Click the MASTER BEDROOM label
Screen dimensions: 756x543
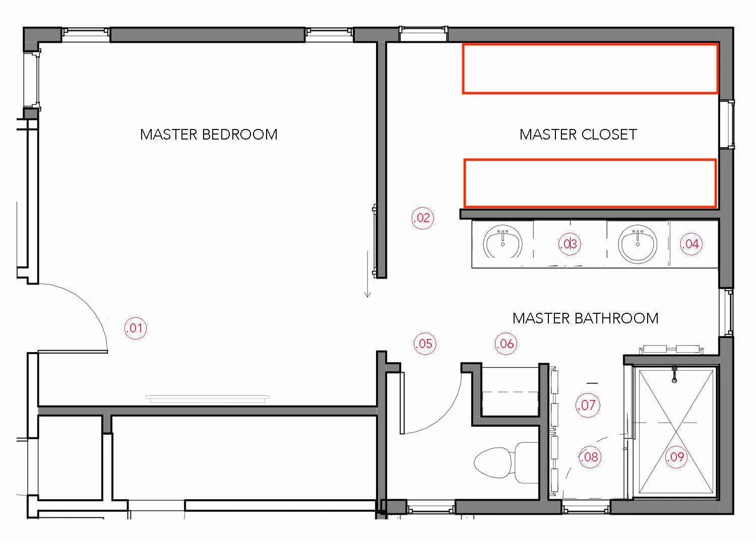tap(209, 134)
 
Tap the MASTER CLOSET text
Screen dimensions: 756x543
tap(578, 134)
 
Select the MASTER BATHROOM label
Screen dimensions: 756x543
tap(586, 318)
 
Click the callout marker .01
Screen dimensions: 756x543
tap(136, 328)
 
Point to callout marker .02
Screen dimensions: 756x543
tap(422, 218)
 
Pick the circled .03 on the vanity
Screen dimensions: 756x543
tap(570, 243)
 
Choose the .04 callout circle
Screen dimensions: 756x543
tap(691, 244)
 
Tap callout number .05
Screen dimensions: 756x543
tap(425, 344)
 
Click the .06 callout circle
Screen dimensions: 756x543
tap(506, 344)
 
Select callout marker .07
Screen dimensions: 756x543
tap(588, 405)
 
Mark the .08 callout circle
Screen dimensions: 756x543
tap(590, 457)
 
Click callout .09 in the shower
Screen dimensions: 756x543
tap(676, 457)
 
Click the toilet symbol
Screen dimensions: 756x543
tap(506, 462)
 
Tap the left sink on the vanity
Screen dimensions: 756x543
tap(502, 241)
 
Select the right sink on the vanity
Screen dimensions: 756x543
tap(638, 244)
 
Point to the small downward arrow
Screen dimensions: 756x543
tap(367, 274)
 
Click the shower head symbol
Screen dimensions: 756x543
tap(674, 375)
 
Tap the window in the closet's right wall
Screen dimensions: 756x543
tap(727, 124)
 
